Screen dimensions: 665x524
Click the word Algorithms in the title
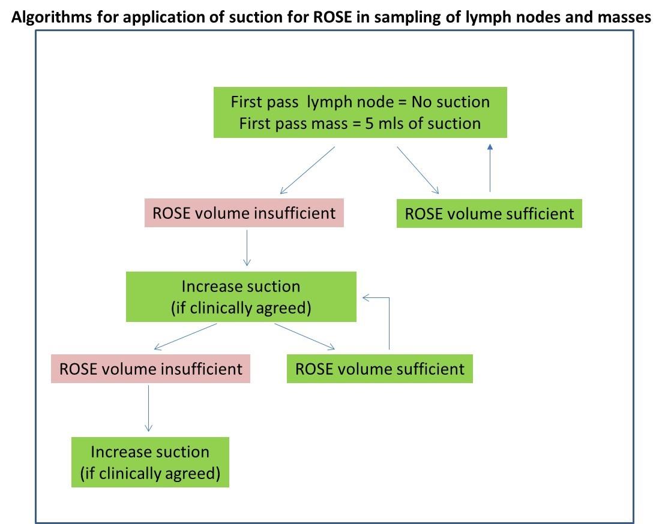pos(52,17)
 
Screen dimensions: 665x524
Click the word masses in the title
pos(624,17)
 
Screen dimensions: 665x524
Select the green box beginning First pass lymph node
pos(360,112)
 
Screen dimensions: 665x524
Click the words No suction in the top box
pos(450,102)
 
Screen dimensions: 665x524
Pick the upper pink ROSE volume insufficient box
pos(244,213)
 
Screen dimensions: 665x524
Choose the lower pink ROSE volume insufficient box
pos(151,369)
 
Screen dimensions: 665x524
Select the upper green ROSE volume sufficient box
pos(489,213)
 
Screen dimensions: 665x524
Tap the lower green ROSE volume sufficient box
pos(379,369)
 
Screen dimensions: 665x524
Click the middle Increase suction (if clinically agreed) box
pos(241,297)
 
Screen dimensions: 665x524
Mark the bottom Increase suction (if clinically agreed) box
pos(150,462)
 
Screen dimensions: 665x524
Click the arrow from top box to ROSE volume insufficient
pos(307,170)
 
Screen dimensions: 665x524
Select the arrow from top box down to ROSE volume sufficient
pos(418,170)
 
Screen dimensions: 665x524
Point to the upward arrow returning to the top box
pos(490,168)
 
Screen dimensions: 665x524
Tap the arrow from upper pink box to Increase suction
pos(247,248)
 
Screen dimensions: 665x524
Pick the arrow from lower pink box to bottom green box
pos(148,408)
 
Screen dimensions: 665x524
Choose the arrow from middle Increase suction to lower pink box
pos(185,337)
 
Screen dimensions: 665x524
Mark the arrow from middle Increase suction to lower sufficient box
pos(304,336)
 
